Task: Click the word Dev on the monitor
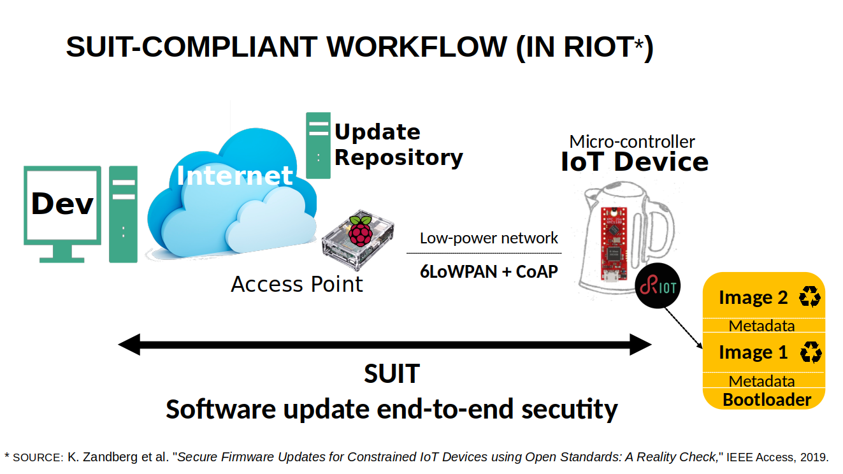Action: pos(62,205)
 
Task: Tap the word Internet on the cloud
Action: pos(234,175)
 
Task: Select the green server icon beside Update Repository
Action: pos(318,145)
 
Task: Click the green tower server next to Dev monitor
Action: pos(123,214)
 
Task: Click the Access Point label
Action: pos(296,284)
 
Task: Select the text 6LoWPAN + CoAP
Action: pos(489,271)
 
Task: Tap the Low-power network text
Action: pos(489,238)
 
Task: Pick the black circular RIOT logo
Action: pos(658,287)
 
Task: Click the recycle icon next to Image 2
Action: pos(810,297)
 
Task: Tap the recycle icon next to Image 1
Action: pos(811,352)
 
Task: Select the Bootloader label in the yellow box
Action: pos(767,400)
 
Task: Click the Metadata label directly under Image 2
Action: pos(761,326)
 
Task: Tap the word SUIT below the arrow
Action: pos(391,374)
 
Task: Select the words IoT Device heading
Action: pos(634,162)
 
